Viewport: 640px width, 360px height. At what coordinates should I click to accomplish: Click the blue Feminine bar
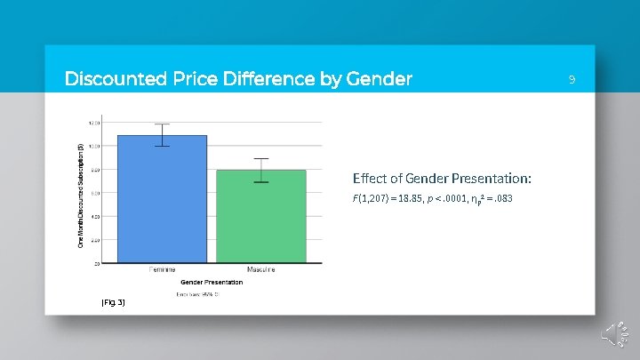click(x=162, y=199)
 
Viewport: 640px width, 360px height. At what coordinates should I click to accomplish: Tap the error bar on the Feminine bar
click(x=162, y=135)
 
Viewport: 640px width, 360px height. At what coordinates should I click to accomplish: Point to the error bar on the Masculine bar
click(x=260, y=170)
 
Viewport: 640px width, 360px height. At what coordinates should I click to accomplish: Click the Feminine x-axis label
click(x=162, y=269)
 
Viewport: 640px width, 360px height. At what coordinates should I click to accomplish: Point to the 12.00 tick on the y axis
click(x=93, y=122)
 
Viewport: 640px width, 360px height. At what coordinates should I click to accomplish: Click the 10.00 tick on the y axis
click(x=93, y=146)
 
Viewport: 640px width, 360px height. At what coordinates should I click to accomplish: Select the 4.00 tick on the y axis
click(x=93, y=216)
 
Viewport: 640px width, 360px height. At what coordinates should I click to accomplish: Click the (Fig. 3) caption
click(x=113, y=303)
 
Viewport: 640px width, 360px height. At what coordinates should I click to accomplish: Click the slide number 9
click(x=572, y=80)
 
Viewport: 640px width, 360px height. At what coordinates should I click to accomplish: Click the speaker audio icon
click(x=615, y=334)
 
